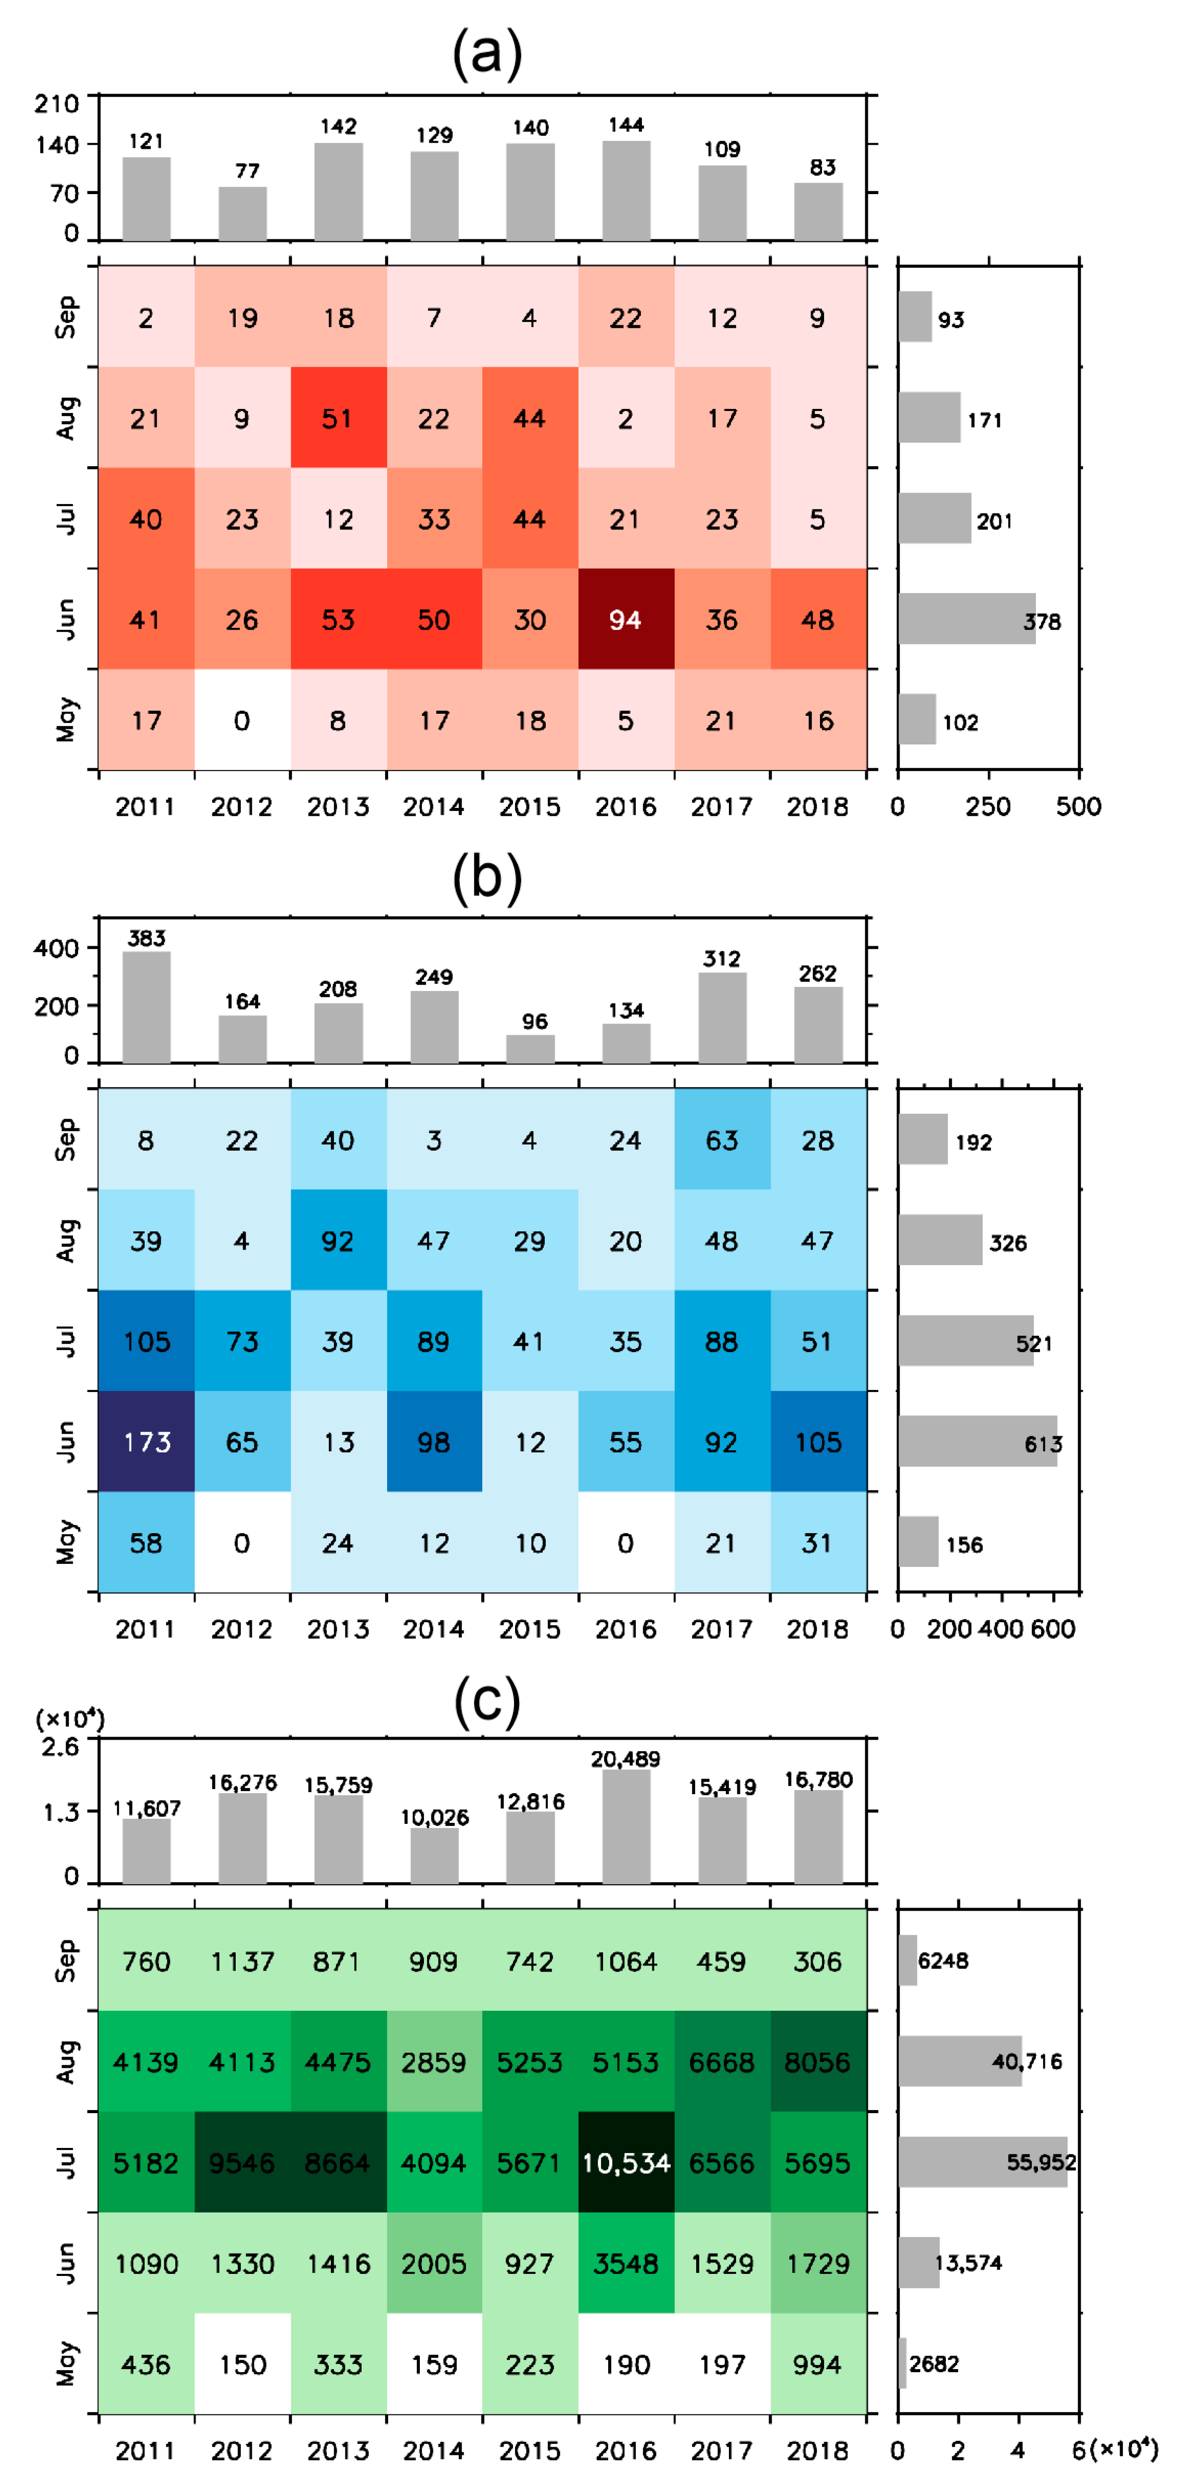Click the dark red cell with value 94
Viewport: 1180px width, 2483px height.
point(626,619)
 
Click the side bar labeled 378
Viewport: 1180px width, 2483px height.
point(966,619)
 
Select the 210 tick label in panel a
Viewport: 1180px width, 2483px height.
point(56,103)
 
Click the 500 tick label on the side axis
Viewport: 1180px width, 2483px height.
point(1078,807)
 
